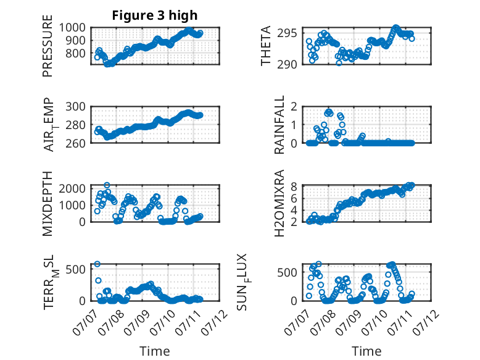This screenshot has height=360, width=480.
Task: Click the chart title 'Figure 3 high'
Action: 155,15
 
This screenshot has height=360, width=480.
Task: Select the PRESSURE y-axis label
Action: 48,46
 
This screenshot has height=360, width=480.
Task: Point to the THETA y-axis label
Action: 266,46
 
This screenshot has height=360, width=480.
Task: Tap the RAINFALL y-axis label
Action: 279,125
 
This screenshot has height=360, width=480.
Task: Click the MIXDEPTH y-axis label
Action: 48,204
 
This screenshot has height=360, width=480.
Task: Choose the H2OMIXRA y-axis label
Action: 279,203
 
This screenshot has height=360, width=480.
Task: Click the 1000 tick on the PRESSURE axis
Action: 72,28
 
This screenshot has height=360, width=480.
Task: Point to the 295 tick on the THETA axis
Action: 287,33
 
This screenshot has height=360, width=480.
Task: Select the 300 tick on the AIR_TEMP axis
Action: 76,107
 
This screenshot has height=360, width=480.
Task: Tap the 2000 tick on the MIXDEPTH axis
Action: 72,188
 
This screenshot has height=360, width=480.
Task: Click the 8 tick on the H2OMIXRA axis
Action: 294,186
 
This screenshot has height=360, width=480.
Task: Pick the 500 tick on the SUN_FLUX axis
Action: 287,272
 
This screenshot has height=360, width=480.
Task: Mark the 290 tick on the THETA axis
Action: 287,65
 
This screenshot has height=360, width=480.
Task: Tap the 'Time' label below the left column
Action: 155,351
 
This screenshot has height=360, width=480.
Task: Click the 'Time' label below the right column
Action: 366,351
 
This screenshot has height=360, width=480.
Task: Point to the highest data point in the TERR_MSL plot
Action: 97,264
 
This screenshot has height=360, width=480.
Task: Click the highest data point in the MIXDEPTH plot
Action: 107,185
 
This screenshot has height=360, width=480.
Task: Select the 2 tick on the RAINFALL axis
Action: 294,107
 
